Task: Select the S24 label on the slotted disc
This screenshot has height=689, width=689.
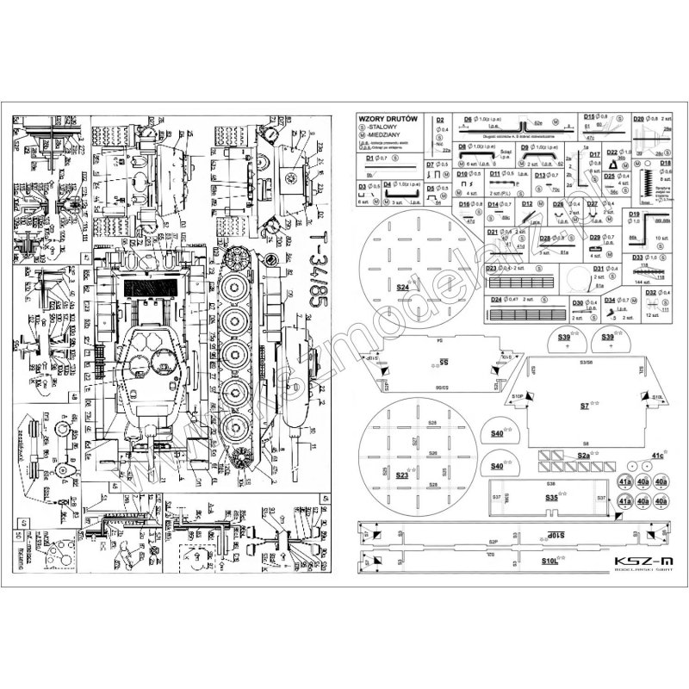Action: (x=402, y=288)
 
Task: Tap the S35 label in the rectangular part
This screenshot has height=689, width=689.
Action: (x=552, y=497)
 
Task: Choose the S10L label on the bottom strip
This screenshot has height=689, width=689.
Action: (x=550, y=559)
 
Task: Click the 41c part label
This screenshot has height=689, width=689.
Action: (x=657, y=455)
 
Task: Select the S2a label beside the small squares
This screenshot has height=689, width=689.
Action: (x=583, y=455)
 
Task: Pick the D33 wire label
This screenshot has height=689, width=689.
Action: (x=638, y=257)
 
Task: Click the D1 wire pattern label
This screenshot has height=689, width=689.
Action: (x=370, y=158)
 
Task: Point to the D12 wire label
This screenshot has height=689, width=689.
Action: (x=527, y=204)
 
